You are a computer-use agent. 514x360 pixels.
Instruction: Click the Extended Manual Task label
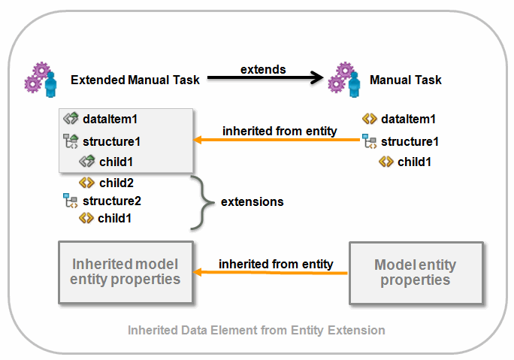tap(135, 80)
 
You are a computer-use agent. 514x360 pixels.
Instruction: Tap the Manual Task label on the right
tap(405, 80)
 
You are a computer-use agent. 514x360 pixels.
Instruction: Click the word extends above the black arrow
tap(263, 69)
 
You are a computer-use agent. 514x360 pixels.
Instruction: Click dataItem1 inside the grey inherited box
tap(110, 119)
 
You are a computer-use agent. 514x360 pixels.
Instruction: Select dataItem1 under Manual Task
tap(408, 119)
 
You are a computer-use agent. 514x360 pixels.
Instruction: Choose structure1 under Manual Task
tap(410, 141)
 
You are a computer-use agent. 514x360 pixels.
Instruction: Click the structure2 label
tap(111, 201)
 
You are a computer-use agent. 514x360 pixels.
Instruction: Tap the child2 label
tap(115, 183)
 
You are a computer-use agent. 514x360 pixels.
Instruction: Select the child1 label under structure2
tap(115, 219)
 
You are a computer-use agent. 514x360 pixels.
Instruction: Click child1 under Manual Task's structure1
tap(414, 162)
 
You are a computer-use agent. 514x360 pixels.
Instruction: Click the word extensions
tap(252, 201)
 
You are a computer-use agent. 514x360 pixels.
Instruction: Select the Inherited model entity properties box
tap(125, 272)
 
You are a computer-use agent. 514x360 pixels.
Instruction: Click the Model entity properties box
tap(415, 272)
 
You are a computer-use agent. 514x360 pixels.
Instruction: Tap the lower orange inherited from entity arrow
tap(271, 274)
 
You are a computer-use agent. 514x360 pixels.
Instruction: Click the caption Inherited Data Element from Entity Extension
tap(256, 330)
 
